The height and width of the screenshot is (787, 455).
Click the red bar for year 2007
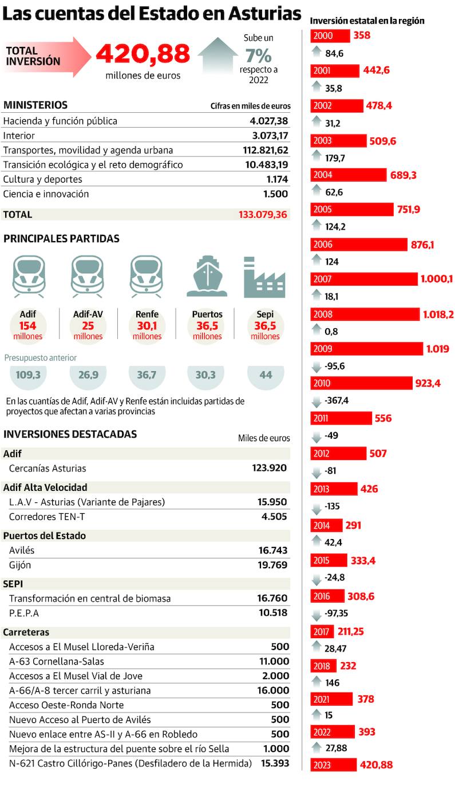[x=364, y=279]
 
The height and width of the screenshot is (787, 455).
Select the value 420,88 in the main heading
[x=143, y=54]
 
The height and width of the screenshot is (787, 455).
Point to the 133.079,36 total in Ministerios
[x=264, y=215]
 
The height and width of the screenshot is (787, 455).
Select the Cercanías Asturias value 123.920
[x=269, y=468]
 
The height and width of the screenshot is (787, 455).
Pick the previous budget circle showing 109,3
[x=31, y=376]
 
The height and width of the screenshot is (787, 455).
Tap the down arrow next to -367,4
[x=316, y=401]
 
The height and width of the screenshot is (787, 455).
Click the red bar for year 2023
[x=334, y=764]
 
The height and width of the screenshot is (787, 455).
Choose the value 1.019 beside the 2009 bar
[x=437, y=348]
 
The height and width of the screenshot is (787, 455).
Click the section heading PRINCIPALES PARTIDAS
[x=61, y=238]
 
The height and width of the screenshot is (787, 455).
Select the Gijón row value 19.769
[x=272, y=565]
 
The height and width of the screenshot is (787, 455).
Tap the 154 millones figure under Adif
[x=28, y=326]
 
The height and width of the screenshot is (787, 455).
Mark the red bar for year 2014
[x=327, y=525]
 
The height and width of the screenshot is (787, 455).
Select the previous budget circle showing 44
[x=266, y=376]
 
